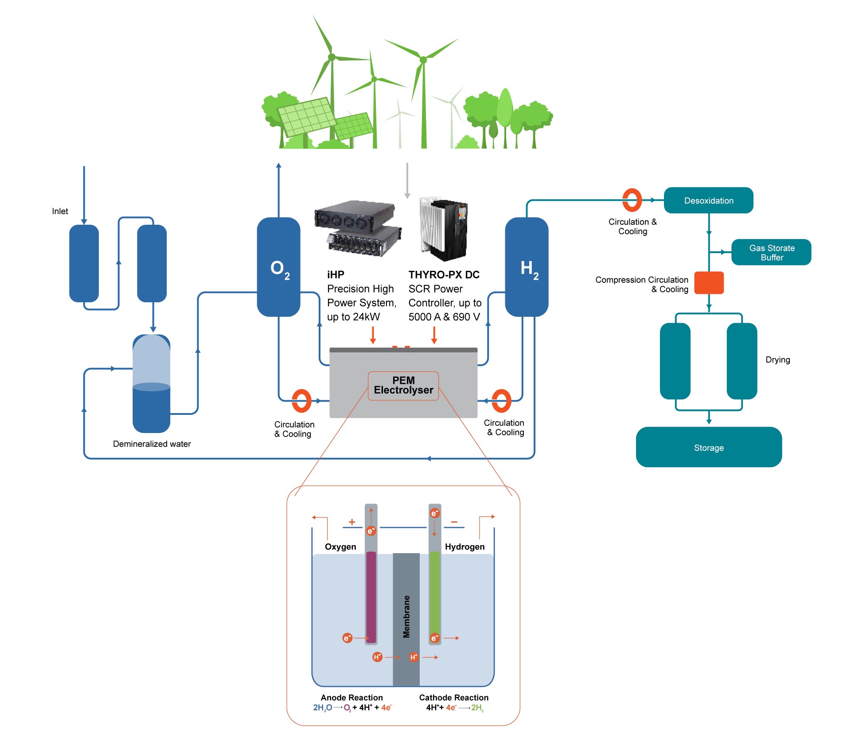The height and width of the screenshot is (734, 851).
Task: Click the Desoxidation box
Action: click(708, 200)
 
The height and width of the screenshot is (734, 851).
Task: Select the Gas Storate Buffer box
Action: click(771, 253)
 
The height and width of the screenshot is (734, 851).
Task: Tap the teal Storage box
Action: click(708, 447)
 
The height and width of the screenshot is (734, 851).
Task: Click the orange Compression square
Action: click(708, 283)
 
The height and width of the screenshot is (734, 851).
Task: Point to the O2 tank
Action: click(278, 267)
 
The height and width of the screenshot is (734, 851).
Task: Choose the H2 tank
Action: click(527, 267)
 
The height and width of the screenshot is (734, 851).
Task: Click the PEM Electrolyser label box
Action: click(403, 386)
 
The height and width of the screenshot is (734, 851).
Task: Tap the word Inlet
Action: click(60, 211)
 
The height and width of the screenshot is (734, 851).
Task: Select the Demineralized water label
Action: click(152, 444)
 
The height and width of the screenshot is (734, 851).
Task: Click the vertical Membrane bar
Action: click(406, 618)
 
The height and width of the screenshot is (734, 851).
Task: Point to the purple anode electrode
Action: click(371, 596)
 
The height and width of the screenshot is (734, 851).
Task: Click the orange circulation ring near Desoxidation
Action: click(632, 200)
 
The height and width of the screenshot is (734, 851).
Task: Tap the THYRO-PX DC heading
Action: click(444, 275)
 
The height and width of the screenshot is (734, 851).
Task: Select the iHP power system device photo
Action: click(358, 228)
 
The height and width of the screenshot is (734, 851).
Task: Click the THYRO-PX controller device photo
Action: click(444, 229)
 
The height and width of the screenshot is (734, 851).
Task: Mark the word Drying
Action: click(777, 359)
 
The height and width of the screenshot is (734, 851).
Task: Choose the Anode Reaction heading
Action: click(351, 697)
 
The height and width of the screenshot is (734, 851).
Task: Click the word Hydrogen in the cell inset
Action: click(465, 547)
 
